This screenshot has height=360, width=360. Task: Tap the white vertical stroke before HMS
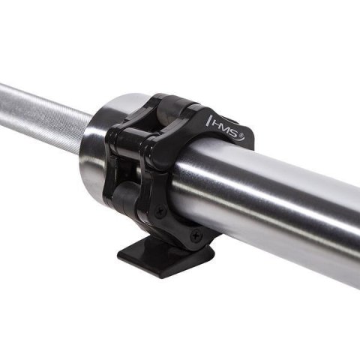[208, 118]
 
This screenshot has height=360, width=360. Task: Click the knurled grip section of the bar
[37, 112]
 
